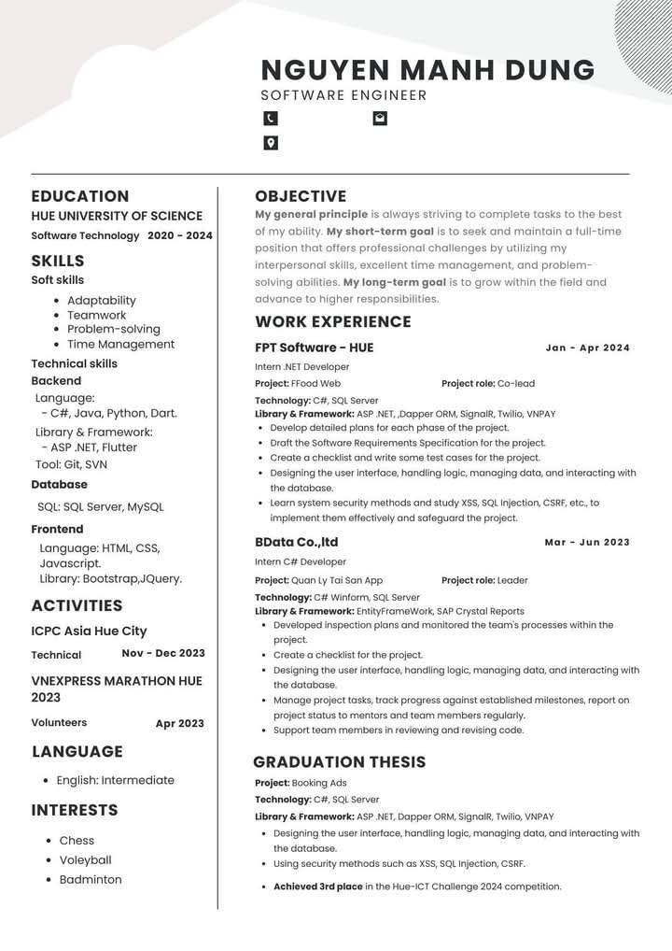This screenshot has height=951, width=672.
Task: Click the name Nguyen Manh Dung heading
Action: pos(427,70)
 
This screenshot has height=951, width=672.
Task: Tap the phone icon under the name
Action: pos(271,119)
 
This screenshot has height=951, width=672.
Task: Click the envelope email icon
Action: pos(380,119)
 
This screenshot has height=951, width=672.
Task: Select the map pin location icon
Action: pos(271,143)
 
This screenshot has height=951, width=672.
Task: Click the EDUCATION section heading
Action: pos(80,196)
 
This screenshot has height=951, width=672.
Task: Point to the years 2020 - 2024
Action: pos(180,235)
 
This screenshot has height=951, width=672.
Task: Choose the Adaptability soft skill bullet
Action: pos(102,301)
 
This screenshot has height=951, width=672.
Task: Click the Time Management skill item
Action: pos(120,344)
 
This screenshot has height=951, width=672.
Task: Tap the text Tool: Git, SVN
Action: pos(71,464)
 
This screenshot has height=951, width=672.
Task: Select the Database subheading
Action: pos(59,485)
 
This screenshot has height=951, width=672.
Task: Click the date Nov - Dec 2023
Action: pos(163,653)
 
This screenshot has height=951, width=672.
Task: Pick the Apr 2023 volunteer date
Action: pos(179,723)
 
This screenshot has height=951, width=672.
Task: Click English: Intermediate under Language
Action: pos(115,780)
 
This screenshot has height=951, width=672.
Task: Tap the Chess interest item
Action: pos(77,841)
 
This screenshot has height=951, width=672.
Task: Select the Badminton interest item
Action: pos(91,879)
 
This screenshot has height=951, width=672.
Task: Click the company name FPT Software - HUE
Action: pos(314,348)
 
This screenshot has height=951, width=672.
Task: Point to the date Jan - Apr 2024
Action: pos(587,348)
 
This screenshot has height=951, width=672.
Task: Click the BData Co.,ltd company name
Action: pos(296,542)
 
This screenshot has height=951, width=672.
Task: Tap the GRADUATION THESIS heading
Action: pos(339,762)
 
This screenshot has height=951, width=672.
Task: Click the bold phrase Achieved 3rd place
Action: pos(317,887)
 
